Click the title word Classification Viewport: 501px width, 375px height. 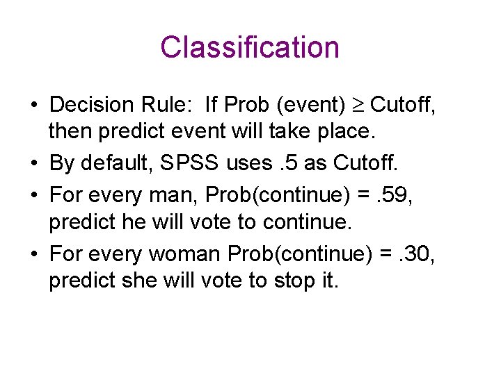point(250,48)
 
